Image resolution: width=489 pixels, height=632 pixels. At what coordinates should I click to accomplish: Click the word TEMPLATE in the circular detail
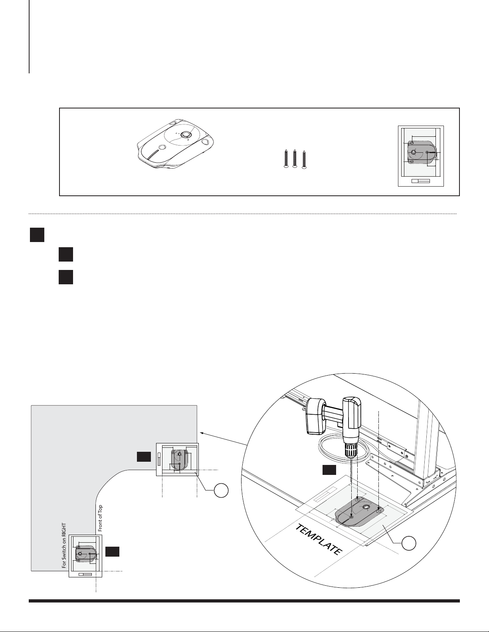(319, 540)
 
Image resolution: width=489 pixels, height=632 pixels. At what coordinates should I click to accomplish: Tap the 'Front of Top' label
(100, 518)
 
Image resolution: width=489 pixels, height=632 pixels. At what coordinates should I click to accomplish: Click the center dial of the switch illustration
(185, 135)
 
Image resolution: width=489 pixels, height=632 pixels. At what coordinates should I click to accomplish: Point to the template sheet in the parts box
(421, 156)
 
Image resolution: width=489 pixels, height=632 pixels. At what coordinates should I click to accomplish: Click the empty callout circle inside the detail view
(409, 543)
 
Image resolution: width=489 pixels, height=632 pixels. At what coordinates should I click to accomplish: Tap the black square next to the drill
(329, 470)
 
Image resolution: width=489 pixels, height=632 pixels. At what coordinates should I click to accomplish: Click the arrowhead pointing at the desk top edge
(202, 432)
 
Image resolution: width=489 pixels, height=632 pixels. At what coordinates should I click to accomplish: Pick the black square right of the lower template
(113, 551)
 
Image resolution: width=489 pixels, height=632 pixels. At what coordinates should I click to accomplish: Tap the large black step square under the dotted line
(37, 234)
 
